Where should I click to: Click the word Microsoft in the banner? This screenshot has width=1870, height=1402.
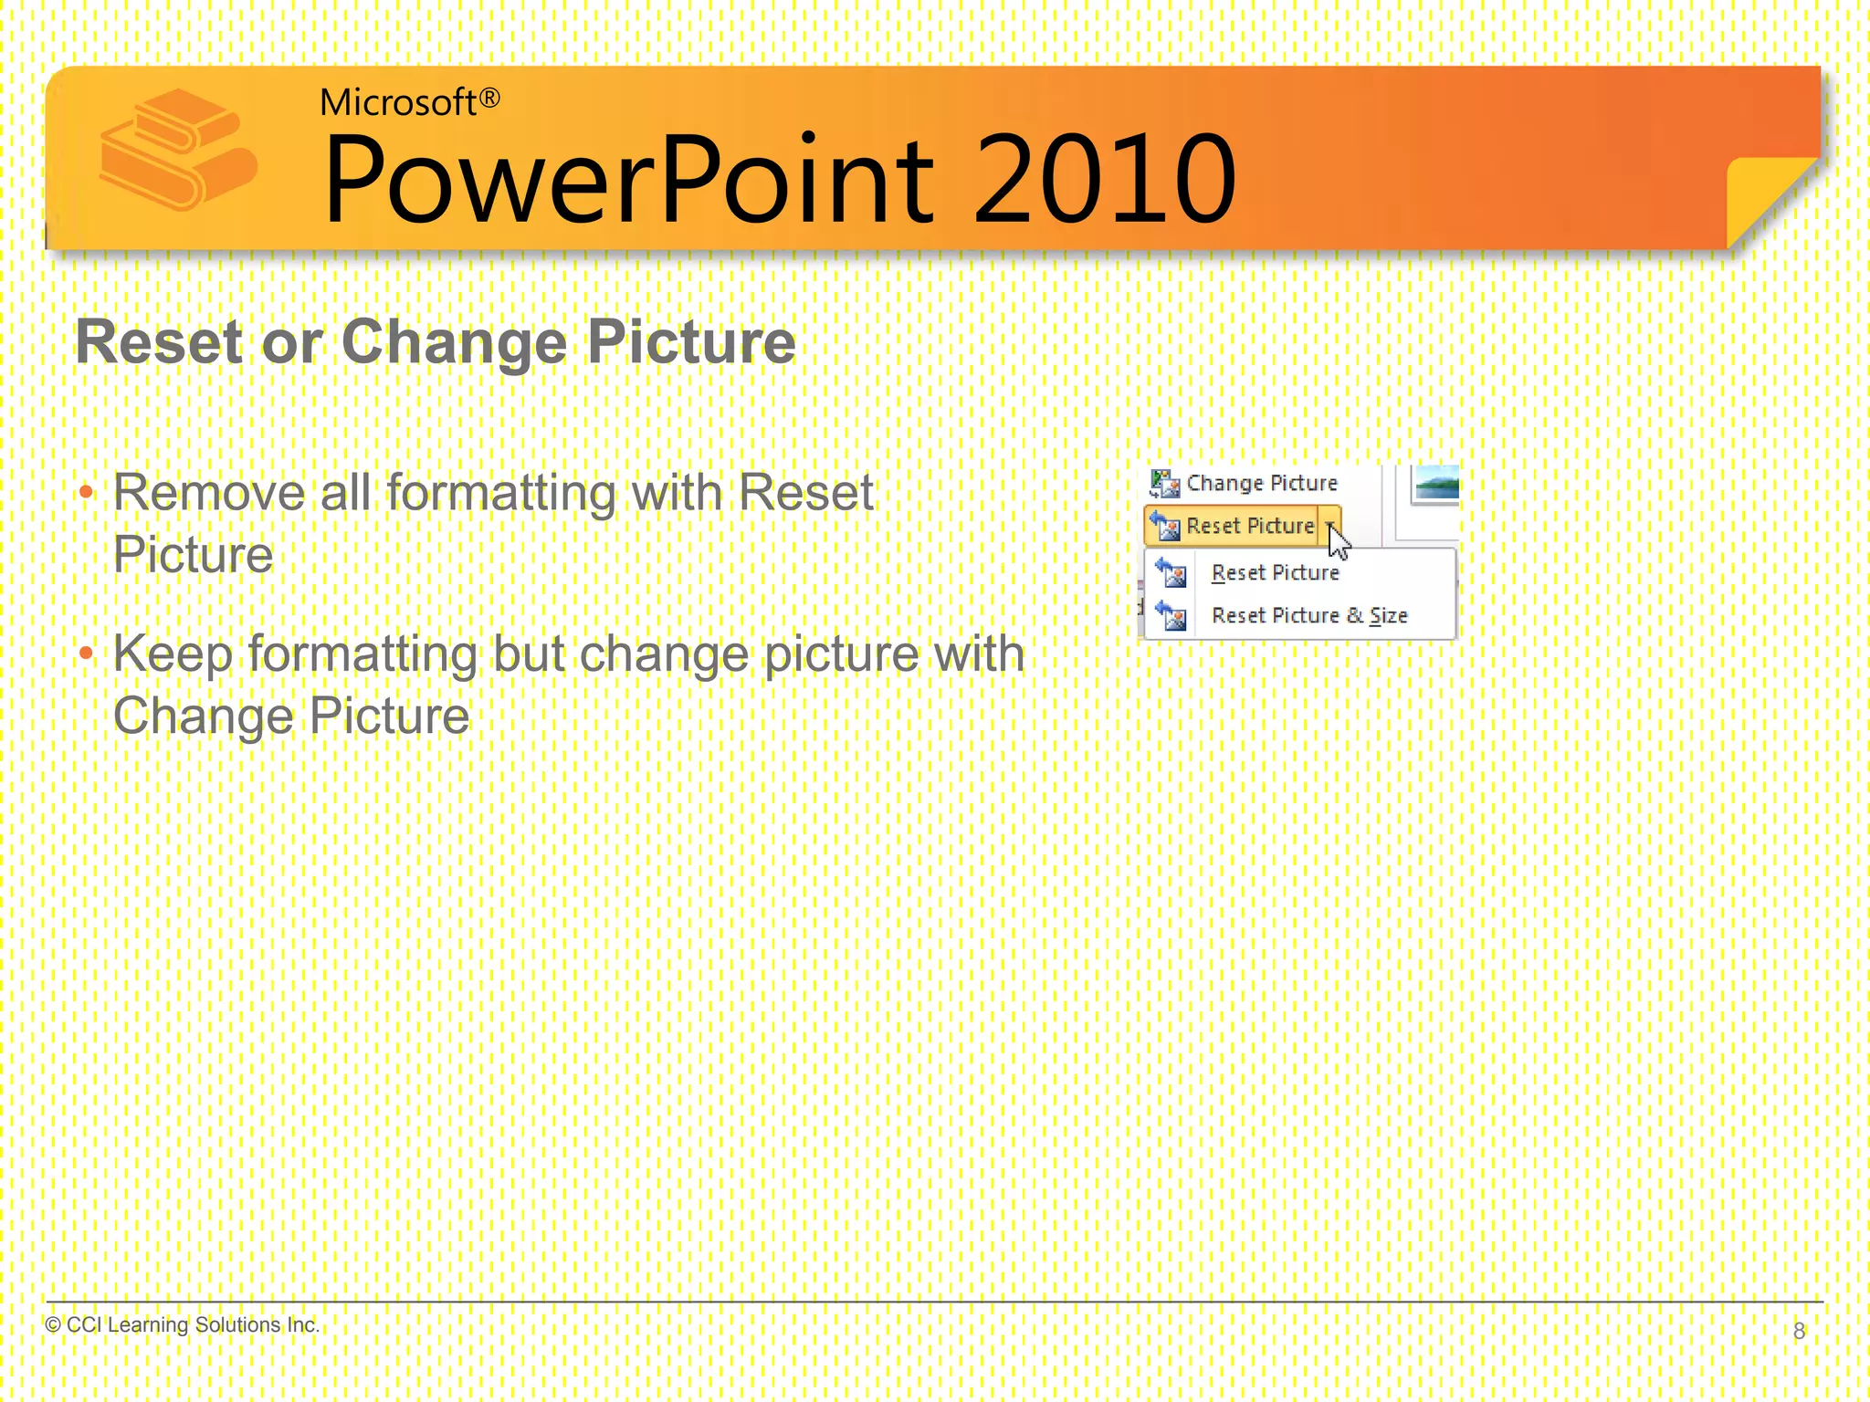398,102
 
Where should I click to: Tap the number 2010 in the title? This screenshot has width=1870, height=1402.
1105,179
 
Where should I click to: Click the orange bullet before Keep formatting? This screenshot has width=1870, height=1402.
87,654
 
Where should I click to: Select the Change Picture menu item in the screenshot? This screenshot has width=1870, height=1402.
1260,483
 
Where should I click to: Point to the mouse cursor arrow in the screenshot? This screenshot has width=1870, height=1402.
1338,543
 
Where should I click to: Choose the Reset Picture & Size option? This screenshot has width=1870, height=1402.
1308,616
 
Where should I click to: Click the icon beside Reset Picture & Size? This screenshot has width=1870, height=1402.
1171,616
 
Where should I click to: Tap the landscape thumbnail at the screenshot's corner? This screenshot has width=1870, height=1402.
1434,483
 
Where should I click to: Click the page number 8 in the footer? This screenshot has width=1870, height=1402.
1799,1331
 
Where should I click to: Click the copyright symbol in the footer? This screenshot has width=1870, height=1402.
53,1324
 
